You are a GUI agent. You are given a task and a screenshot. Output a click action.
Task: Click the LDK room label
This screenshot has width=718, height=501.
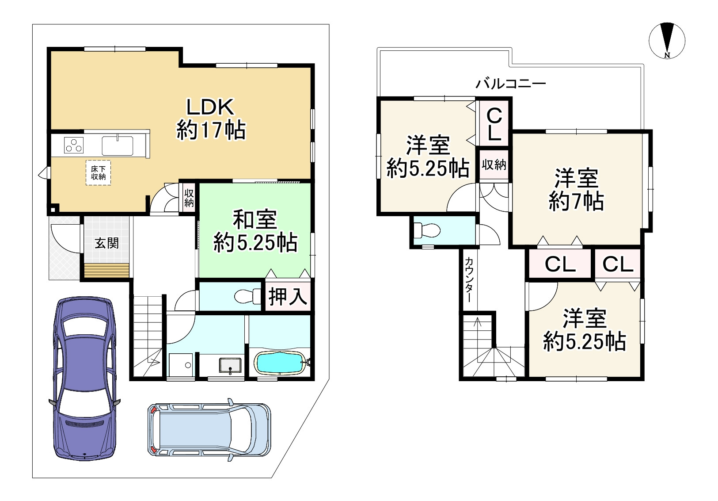pyautogui.click(x=211, y=119)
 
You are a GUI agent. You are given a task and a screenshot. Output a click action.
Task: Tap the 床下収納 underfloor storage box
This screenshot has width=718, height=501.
pyautogui.click(x=98, y=172)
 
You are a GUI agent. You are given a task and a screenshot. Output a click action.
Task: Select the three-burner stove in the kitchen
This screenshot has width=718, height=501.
pyautogui.click(x=74, y=145)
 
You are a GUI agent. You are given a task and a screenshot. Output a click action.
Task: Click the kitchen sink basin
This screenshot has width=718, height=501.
pyautogui.click(x=118, y=145)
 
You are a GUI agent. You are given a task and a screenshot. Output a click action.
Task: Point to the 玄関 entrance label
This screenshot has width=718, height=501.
pyautogui.click(x=107, y=243)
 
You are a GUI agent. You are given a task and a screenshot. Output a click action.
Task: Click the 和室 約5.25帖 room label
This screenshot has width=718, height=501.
pyautogui.click(x=255, y=231)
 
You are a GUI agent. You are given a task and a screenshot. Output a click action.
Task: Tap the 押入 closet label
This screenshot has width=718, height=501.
pyautogui.click(x=288, y=296)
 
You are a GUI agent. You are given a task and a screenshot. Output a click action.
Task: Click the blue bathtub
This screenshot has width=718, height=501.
pyautogui.click(x=280, y=363)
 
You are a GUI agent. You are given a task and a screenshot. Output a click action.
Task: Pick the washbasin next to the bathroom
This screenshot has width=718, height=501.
pyautogui.click(x=230, y=366)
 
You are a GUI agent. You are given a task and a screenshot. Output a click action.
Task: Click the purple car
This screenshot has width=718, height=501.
pyautogui.click(x=85, y=379)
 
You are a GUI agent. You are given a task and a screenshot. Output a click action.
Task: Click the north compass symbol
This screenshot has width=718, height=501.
pyautogui.click(x=667, y=41)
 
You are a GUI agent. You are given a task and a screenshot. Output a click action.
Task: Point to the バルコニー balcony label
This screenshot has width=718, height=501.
pyautogui.click(x=511, y=84)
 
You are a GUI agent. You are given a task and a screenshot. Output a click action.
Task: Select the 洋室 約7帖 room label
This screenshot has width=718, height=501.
pyautogui.click(x=576, y=190)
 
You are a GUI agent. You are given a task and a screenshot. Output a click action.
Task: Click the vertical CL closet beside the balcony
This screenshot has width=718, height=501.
pyautogui.click(x=494, y=124)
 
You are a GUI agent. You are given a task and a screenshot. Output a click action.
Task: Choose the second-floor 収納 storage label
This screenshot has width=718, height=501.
pyautogui.click(x=494, y=165)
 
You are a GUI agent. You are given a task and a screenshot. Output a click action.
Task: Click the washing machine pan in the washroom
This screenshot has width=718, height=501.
pyautogui.click(x=181, y=365)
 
